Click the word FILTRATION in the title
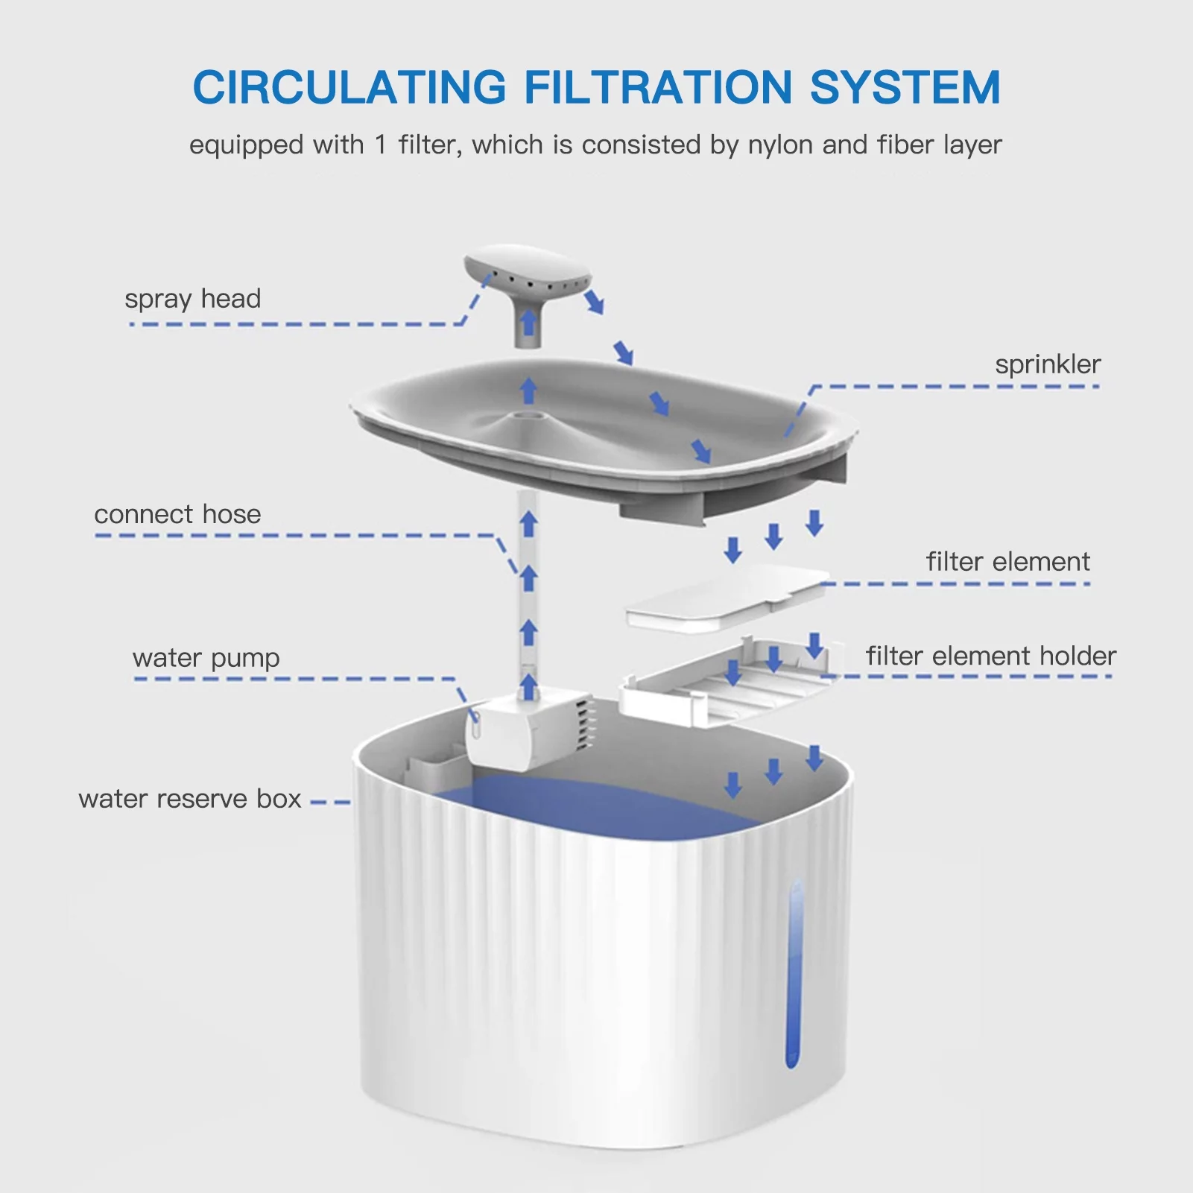tap(657, 87)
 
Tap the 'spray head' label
tap(192, 299)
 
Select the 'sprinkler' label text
tap(1047, 364)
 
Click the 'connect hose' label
tap(177, 514)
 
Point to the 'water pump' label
tap(206, 658)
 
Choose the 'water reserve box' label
tap(189, 799)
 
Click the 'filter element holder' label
tap(990, 656)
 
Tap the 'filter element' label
tap(1007, 562)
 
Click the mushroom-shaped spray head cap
tap(526, 270)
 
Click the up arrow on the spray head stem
tap(528, 323)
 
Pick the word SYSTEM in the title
tap(905, 87)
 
